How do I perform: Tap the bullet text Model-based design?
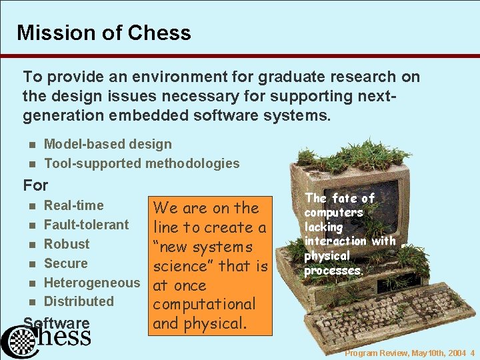[x=107, y=144]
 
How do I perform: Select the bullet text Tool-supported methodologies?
[x=141, y=163]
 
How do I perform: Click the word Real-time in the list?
[x=73, y=205]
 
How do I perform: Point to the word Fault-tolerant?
[x=86, y=225]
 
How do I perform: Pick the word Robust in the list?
[x=66, y=244]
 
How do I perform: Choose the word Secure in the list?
[x=65, y=263]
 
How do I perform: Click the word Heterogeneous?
[x=92, y=282]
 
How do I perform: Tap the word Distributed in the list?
[x=79, y=301]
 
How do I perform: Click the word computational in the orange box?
[x=205, y=304]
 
